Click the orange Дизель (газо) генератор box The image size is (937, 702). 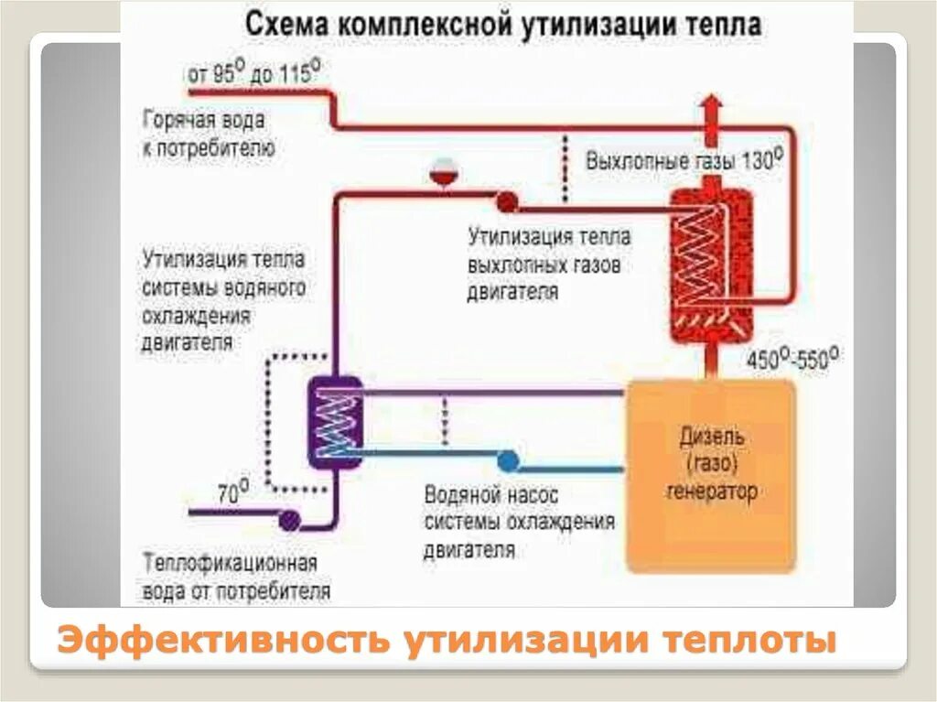pos(710,474)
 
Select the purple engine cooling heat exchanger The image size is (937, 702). pos(334,422)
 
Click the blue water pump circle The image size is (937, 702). pos(508,459)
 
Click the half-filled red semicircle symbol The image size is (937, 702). pos(444,172)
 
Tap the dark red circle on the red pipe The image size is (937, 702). pos(506,200)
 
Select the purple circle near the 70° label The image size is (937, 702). pos(289,520)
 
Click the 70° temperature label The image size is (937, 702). pos(232,494)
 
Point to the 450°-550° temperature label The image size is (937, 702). pos(793,358)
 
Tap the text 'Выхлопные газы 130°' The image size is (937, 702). pos(684,160)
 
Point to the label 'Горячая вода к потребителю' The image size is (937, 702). pos(209,134)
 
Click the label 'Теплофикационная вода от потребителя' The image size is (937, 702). pos(235,577)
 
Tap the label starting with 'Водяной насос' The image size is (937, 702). pos(518,523)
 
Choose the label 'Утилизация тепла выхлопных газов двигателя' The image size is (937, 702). pos(549,265)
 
